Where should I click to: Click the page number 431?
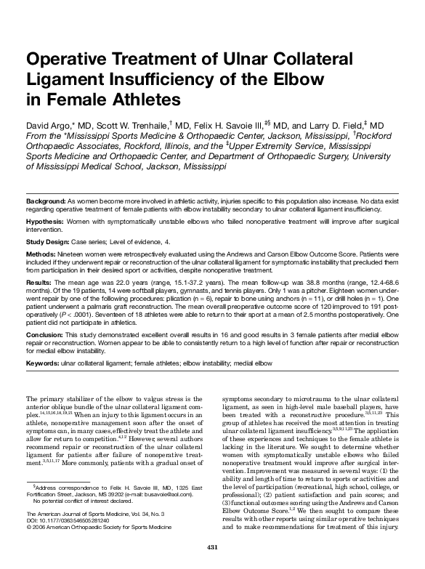click(212, 546)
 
